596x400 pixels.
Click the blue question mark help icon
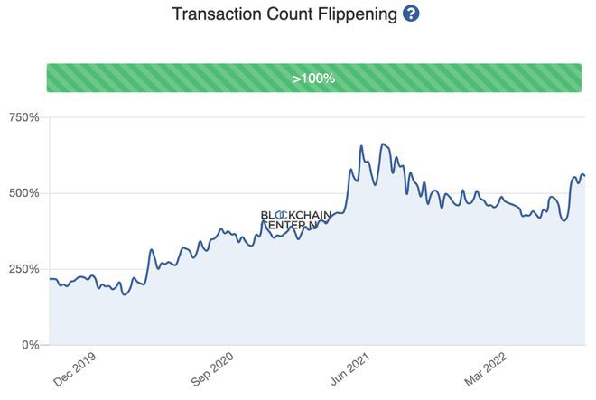pos(411,15)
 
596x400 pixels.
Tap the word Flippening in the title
pos(355,15)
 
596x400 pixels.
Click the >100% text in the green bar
pos(313,79)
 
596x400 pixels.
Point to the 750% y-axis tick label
pos(23,117)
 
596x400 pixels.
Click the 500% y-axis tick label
pos(23,193)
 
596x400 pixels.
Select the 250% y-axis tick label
pos(23,269)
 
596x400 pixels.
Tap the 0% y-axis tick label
pos(30,345)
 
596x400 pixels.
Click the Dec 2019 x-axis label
pos(74,369)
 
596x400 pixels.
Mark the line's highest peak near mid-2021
pos(382,144)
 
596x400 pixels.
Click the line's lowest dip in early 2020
pos(125,294)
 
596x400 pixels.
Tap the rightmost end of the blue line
pos(584,175)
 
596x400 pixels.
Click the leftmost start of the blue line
pos(49,279)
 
